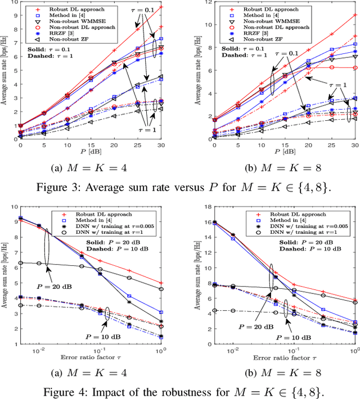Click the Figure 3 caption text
[180, 187]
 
